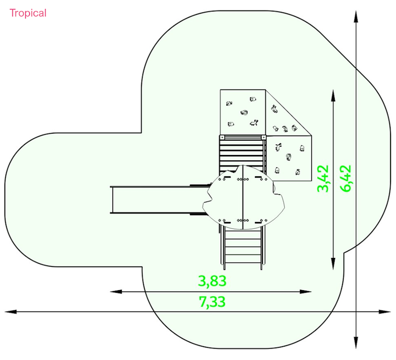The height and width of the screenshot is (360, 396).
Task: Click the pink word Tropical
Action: click(28, 13)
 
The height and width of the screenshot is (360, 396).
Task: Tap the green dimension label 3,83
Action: click(212, 281)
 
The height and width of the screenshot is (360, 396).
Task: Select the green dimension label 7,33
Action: click(212, 302)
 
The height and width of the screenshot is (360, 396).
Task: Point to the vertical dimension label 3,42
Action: click(323, 178)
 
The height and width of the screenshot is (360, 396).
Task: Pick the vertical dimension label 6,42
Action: click(345, 178)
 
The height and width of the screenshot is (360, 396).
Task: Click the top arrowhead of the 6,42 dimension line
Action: click(356, 17)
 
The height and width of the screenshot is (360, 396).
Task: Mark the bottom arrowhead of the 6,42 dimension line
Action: click(356, 343)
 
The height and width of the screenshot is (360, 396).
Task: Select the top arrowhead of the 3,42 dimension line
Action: click(333, 96)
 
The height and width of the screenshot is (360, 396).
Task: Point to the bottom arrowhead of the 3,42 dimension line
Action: click(333, 264)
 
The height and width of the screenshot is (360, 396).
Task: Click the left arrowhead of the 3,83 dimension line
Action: click(116, 292)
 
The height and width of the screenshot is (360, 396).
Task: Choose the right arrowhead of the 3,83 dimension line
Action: click(305, 292)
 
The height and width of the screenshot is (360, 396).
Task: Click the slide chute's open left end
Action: click(111, 200)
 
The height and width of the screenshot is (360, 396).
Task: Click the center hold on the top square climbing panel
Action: click(244, 113)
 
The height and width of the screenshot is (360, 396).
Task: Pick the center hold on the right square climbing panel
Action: click(289, 157)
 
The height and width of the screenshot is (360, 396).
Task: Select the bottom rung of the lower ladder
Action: click(243, 262)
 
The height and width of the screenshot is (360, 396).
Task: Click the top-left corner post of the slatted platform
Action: click(222, 138)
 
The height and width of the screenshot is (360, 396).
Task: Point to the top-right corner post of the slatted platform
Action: click(263, 138)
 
